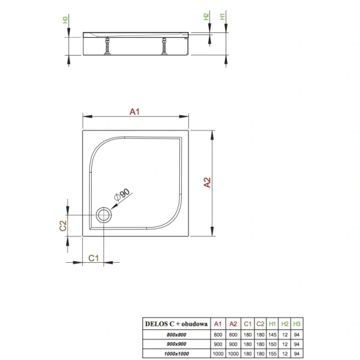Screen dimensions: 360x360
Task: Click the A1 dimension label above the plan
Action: tap(136, 112)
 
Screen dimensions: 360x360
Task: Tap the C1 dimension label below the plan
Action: tap(94, 258)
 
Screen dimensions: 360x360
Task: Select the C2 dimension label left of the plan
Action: tap(62, 227)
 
